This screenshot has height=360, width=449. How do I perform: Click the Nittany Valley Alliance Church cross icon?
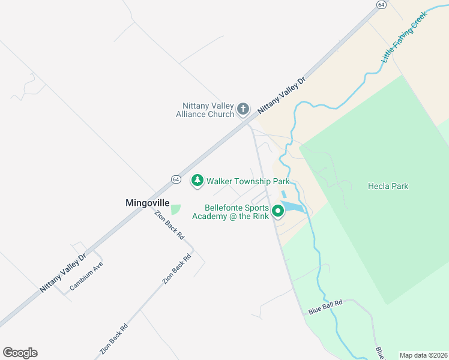coord(243,109)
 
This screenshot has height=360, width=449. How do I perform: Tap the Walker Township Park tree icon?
coord(197,180)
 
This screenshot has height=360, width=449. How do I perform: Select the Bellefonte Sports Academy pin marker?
coord(277,211)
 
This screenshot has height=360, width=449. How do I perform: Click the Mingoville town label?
coord(148,203)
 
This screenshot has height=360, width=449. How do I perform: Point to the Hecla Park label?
coord(388,186)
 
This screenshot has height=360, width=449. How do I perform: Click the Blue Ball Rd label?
coord(325,307)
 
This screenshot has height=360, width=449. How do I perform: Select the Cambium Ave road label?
coord(86,276)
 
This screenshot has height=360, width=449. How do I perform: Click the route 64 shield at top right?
coord(381,4)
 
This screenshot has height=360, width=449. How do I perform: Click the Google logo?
coord(20,353)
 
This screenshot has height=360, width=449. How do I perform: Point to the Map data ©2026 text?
coord(423,355)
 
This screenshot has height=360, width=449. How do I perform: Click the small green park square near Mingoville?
coord(176,209)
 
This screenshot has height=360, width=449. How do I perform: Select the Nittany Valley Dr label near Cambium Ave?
coord(64,272)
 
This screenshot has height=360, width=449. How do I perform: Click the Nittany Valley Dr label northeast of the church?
coord(282,95)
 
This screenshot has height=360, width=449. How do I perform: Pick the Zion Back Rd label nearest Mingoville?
coord(169,226)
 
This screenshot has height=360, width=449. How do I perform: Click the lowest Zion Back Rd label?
coord(114,340)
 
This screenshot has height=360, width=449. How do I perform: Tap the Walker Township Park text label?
coord(248,181)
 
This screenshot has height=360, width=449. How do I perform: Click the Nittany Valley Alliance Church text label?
coord(205,110)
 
